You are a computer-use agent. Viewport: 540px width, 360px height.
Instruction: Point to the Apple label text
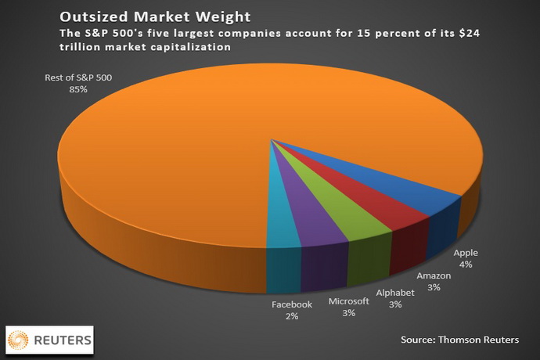tap(465, 254)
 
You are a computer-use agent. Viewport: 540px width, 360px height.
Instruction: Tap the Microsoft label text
tap(348, 301)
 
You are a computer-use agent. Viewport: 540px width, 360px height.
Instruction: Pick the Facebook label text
tap(291, 304)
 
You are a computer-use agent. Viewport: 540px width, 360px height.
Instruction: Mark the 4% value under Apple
tap(465, 265)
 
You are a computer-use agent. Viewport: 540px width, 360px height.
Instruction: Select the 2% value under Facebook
tap(291, 315)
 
